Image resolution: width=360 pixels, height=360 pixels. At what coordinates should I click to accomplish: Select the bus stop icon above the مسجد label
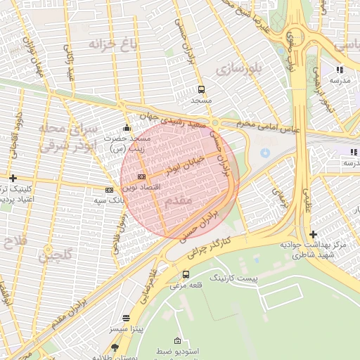202,89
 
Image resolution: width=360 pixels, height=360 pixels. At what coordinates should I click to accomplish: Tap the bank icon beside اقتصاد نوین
142,176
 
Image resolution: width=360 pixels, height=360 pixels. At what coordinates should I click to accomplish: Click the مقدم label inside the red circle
176,201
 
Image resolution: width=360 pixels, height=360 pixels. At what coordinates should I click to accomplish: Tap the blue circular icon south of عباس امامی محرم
264,153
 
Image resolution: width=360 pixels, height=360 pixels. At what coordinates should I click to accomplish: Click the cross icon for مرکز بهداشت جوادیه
313,234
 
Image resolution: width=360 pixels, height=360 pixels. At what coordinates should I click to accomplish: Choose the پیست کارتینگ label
238,279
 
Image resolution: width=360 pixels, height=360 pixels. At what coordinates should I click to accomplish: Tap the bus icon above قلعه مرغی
186,274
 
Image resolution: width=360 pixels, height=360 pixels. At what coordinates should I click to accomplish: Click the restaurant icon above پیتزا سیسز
126,318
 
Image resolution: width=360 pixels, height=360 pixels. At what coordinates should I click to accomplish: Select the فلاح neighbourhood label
15,242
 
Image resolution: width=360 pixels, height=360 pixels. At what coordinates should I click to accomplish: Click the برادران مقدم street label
78,309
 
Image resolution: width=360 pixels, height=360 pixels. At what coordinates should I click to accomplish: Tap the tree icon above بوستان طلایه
115,347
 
